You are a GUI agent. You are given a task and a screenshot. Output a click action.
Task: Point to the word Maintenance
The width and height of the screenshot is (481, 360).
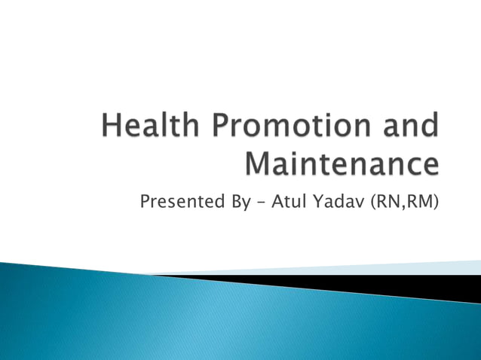[343, 163]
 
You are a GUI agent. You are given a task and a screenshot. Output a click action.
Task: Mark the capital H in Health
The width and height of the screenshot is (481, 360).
[112, 127]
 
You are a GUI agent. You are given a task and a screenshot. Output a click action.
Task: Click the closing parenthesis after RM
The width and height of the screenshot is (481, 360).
[436, 201]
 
